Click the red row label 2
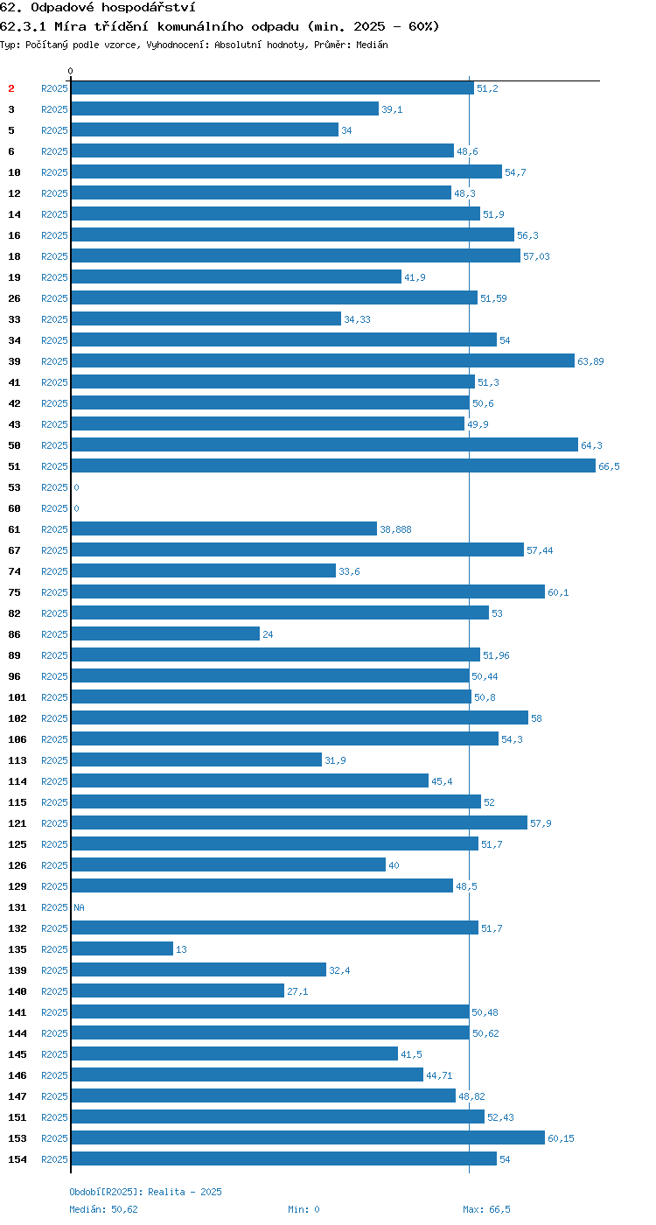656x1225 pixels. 10,88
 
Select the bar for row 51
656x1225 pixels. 333,465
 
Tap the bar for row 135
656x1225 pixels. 122,948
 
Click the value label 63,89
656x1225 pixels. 590,361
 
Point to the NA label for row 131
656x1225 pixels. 80,907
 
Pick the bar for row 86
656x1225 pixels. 165,633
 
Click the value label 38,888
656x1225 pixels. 395,529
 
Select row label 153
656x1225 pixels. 17,1138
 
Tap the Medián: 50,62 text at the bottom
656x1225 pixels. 103,1209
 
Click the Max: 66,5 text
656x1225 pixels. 486,1209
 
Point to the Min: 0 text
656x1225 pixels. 304,1209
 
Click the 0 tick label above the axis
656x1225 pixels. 71,71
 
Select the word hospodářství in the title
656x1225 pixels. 148,8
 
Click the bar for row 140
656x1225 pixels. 178,990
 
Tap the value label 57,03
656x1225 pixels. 536,256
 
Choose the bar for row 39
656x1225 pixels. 323,360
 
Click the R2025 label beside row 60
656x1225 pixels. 54,508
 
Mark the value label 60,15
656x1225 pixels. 561,1138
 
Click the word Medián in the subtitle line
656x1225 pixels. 372,45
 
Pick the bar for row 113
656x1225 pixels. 197,759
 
